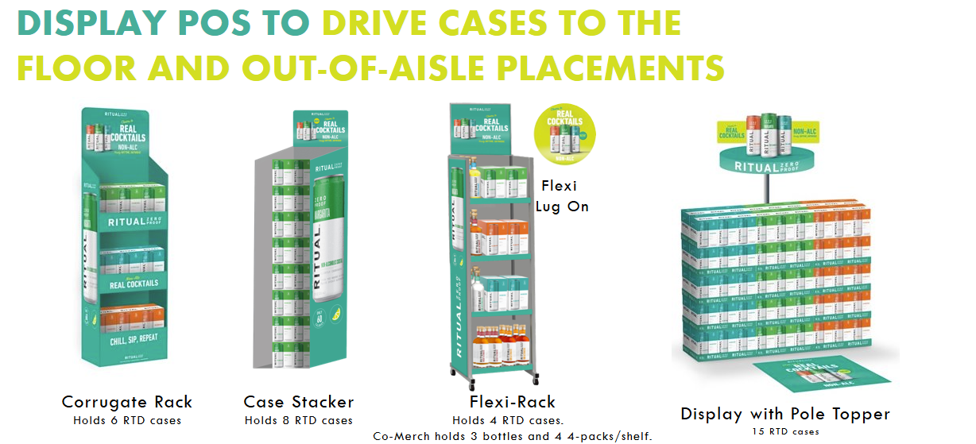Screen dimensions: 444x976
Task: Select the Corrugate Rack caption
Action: (x=127, y=402)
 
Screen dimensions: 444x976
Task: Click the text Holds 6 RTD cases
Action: (x=127, y=420)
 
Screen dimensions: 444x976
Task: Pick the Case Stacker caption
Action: (x=299, y=402)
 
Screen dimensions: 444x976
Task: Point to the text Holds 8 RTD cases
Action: (x=299, y=420)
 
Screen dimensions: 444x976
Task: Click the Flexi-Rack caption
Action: (x=513, y=402)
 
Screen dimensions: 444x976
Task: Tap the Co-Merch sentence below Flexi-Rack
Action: (x=513, y=436)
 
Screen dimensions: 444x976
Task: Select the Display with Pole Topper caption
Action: (x=785, y=414)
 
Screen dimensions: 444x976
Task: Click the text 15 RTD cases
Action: (x=785, y=431)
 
